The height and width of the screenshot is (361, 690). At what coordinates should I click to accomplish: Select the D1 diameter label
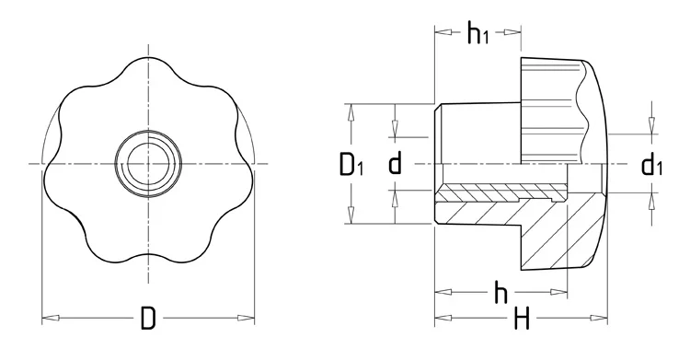351,165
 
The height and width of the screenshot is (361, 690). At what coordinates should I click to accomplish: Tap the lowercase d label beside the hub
395,165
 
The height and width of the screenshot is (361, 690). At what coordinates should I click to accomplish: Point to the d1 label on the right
652,165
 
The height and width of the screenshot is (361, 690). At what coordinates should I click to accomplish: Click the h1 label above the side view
477,34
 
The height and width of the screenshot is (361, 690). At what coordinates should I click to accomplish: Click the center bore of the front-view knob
147,165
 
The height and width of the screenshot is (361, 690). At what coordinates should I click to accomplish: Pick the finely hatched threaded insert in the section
497,192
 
